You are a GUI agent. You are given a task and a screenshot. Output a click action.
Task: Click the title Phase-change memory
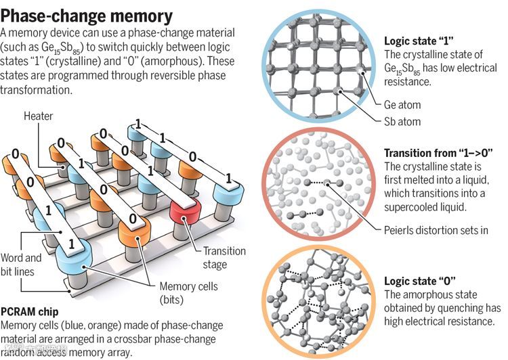click(x=87, y=16)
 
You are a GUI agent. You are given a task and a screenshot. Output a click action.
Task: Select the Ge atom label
click(x=402, y=105)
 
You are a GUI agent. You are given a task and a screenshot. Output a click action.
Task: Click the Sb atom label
click(x=402, y=122)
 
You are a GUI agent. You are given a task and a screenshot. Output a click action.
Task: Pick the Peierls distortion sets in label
click(x=436, y=229)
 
